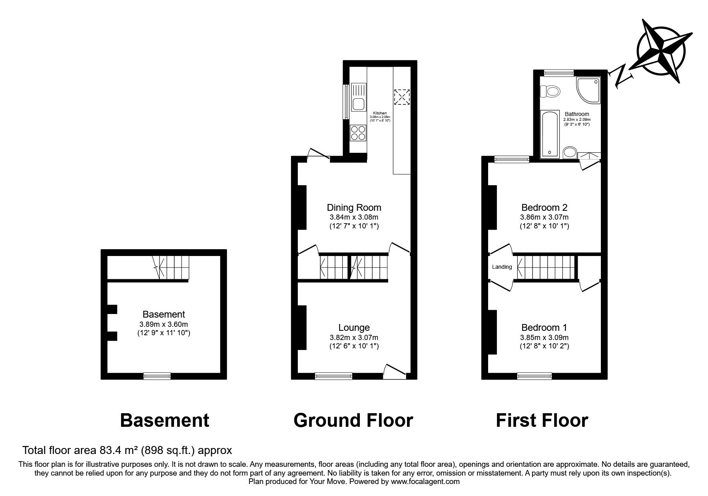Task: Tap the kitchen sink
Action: (x=79, y=97)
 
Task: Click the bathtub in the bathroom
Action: (x=550, y=134)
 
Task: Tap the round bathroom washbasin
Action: (x=570, y=152)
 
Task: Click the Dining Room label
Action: (x=354, y=208)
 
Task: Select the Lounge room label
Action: (x=354, y=328)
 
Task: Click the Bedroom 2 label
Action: (x=544, y=208)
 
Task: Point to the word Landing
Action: (x=502, y=267)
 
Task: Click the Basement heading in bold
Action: (x=165, y=420)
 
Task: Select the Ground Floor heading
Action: (x=353, y=420)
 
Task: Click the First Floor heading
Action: (x=542, y=420)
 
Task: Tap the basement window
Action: (x=157, y=376)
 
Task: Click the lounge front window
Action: (x=333, y=376)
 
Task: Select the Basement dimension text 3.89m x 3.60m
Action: (x=164, y=324)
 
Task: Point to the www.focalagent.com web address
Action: (x=425, y=482)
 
